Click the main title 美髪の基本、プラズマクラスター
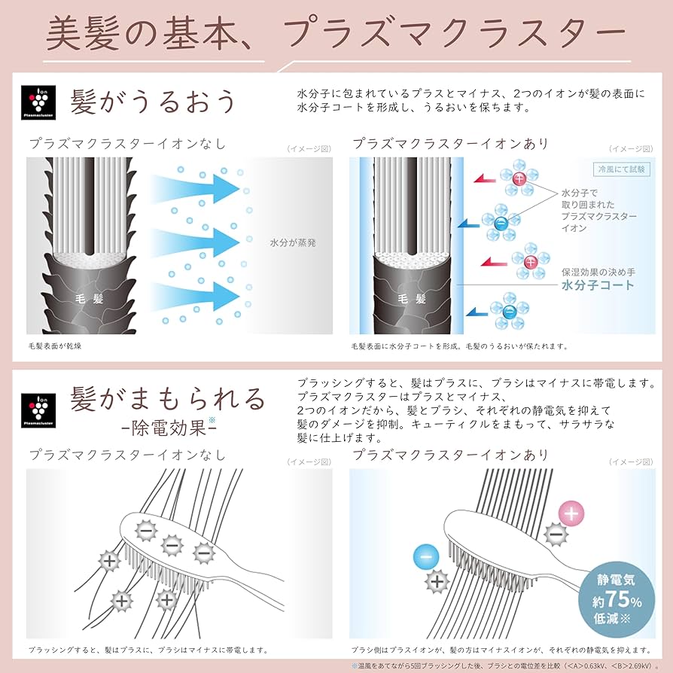(336, 33)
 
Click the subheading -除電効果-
(169, 428)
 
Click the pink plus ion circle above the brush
(571, 515)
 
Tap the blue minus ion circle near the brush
(426, 558)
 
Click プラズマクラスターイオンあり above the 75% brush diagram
(450, 455)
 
